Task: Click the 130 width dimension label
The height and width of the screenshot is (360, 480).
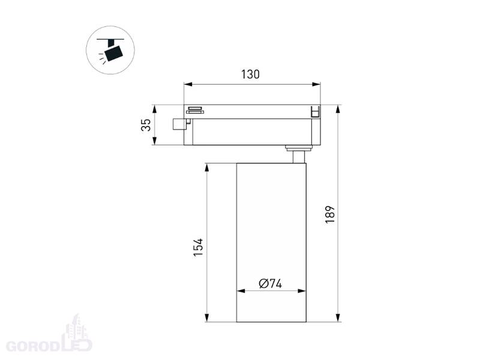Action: (250, 74)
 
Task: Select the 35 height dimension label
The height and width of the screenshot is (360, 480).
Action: (146, 125)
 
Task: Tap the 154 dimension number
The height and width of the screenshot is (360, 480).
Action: (198, 247)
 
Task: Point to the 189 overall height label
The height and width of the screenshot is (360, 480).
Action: (330, 215)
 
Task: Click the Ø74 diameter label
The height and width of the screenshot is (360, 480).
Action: (271, 283)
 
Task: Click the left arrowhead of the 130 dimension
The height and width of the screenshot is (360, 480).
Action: (188, 84)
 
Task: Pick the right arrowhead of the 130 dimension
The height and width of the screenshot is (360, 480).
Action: (316, 84)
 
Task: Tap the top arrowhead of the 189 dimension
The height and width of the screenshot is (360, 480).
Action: (338, 109)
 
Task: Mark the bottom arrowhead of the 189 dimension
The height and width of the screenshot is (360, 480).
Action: (338, 318)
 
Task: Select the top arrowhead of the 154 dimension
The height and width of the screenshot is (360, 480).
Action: (207, 167)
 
